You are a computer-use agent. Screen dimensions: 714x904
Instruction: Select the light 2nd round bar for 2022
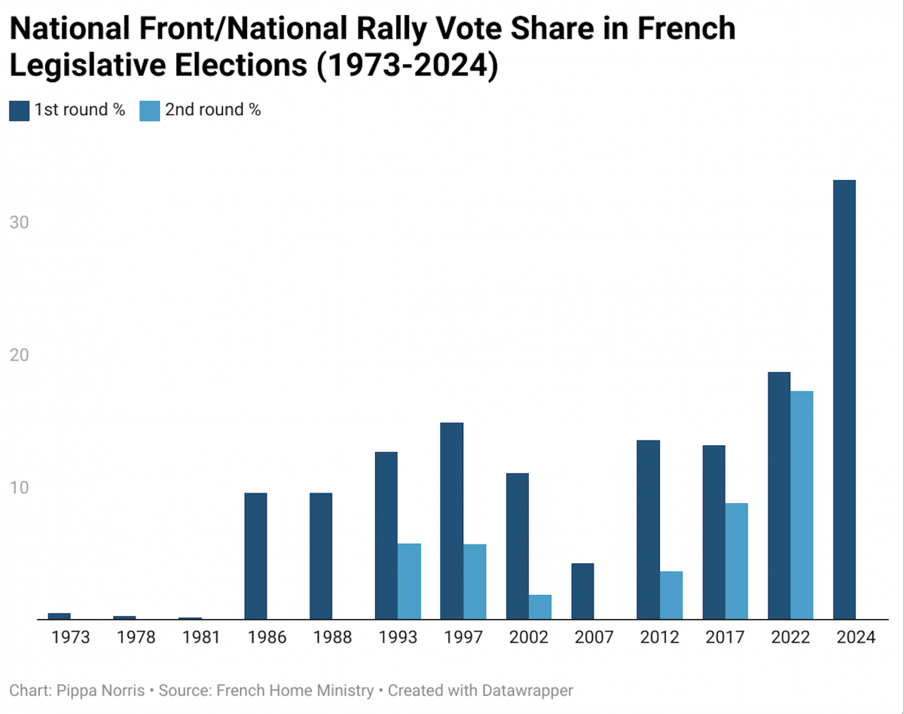802,505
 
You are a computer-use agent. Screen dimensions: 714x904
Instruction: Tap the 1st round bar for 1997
451,520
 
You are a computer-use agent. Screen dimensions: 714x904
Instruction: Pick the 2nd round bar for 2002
539,607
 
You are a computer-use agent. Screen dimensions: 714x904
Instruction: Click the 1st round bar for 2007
582,591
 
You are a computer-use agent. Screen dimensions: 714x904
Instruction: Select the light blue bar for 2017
736,561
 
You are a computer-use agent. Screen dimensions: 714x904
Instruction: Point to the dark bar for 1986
255,556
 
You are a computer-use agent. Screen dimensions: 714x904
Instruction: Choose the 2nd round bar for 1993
409,581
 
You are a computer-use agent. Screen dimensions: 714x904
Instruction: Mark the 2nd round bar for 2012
670,595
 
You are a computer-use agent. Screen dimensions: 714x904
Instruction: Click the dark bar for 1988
321,556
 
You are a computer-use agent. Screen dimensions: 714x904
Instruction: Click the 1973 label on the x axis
71,637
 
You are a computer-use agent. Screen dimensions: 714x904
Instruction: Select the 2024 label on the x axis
856,637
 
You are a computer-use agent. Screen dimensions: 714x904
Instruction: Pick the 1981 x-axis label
201,637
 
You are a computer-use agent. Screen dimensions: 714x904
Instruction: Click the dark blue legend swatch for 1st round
19,111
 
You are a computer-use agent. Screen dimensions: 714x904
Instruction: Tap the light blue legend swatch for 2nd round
149,111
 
